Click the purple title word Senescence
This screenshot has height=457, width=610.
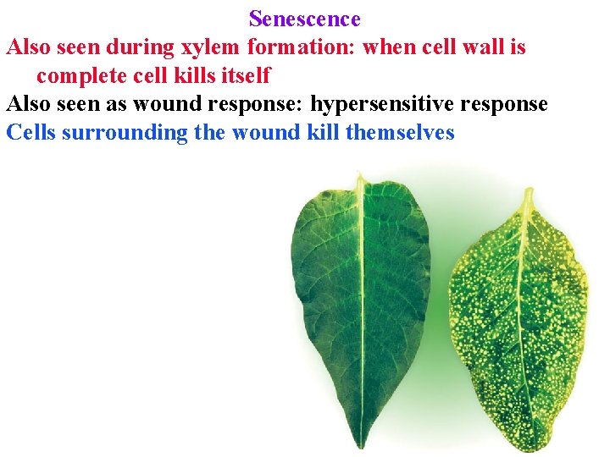pyautogui.click(x=305, y=19)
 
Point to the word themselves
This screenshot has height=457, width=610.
pyautogui.click(x=401, y=133)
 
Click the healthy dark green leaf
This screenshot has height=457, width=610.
pyautogui.click(x=360, y=296)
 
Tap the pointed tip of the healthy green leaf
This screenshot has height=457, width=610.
pyautogui.click(x=360, y=175)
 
